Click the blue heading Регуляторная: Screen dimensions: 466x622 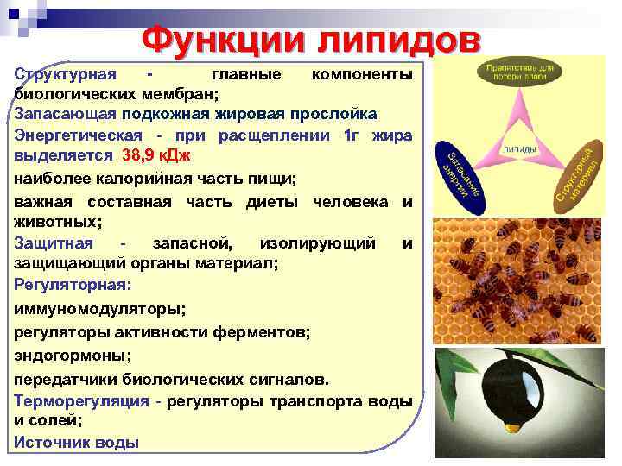72,285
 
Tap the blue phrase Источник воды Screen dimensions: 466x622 76,443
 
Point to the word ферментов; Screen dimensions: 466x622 265,331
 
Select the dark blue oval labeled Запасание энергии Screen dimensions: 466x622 463,173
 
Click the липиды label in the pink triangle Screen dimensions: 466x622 519,149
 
